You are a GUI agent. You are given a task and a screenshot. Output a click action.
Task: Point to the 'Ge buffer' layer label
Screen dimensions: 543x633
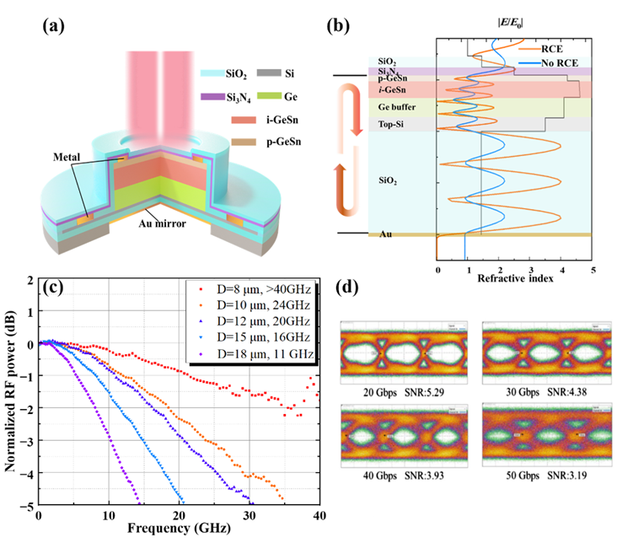point(397,108)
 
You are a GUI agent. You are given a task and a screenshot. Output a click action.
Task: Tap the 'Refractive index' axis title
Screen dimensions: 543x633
point(514,279)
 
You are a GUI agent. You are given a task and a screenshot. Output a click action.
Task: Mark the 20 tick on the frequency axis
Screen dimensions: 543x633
point(179,515)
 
